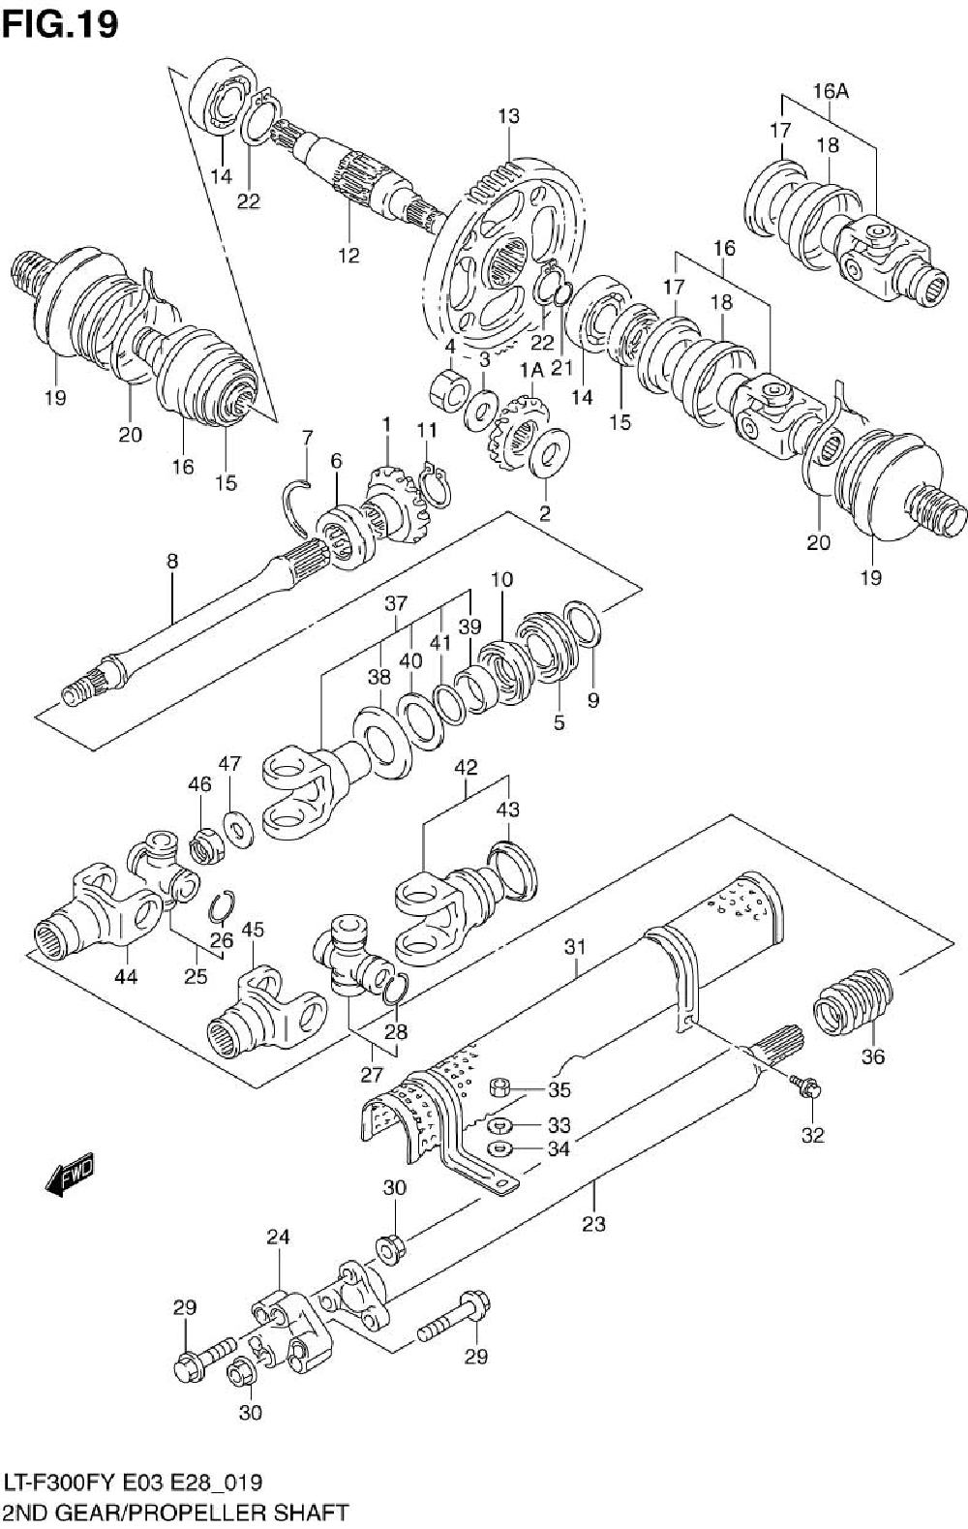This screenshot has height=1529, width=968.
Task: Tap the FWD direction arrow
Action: pyautogui.click(x=68, y=1175)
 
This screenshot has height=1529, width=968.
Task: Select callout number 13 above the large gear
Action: pyautogui.click(x=508, y=116)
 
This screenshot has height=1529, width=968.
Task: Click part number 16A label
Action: pyautogui.click(x=831, y=91)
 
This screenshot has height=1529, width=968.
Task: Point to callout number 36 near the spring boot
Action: pyautogui.click(x=872, y=1057)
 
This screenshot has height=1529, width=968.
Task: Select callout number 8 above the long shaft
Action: pyautogui.click(x=172, y=561)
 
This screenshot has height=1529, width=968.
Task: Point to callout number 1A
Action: pyautogui.click(x=531, y=371)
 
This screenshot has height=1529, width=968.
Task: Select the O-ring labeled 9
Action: pyautogui.click(x=584, y=622)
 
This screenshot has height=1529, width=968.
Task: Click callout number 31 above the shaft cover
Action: pyautogui.click(x=575, y=947)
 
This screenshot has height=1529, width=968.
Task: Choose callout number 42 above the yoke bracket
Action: pyautogui.click(x=466, y=767)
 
